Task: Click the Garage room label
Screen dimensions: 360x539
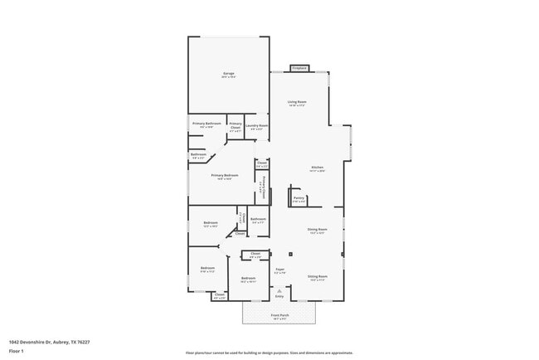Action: (228, 75)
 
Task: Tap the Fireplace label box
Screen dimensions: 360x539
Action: (299, 68)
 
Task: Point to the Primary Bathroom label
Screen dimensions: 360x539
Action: (206, 124)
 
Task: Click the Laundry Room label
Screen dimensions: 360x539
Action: (257, 126)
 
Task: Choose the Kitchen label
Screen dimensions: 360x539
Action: (317, 168)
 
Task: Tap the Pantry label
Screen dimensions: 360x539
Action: (299, 198)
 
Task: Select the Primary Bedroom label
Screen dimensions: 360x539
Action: (225, 175)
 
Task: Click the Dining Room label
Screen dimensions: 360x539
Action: (318, 229)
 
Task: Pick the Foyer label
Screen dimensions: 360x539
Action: (280, 269)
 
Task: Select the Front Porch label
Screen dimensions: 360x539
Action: (279, 316)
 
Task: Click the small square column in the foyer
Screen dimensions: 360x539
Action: (290, 254)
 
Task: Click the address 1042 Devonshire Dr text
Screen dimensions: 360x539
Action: (50, 342)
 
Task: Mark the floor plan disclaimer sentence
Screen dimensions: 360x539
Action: (269, 352)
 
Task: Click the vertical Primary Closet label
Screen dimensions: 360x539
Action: (264, 186)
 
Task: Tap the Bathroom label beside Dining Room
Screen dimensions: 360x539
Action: (258, 220)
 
